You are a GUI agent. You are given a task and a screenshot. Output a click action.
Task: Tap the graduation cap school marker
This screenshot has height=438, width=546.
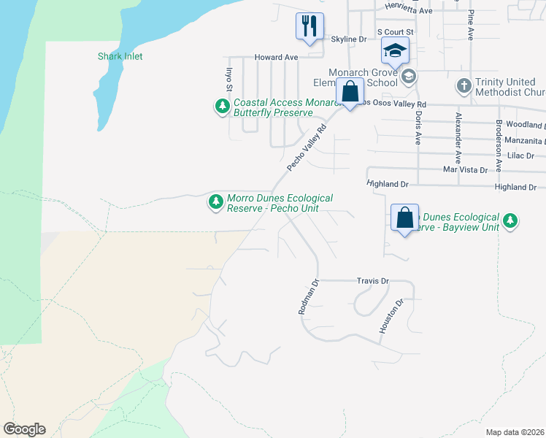395,50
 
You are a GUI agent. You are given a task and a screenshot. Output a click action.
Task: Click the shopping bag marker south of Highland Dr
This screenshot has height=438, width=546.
404,218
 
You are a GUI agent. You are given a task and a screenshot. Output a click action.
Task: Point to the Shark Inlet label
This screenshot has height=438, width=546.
120,56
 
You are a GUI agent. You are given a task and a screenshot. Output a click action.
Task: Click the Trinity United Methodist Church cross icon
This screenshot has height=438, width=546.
464,86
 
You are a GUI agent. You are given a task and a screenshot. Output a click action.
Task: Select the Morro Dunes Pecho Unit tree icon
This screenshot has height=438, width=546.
215,202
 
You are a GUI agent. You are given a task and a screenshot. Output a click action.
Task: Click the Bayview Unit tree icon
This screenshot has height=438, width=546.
511,220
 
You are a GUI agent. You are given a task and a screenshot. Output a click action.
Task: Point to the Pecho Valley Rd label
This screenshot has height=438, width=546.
306,147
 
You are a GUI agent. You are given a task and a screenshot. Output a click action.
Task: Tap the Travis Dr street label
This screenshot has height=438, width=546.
373,280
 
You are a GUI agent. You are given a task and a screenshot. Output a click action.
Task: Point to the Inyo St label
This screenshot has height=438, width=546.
228,79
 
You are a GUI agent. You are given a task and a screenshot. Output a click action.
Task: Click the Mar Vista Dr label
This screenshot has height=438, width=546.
465,169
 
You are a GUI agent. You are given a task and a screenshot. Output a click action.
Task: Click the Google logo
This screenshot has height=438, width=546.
24,429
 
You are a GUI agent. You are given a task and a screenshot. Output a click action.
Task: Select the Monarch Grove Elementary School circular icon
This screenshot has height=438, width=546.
408,76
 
